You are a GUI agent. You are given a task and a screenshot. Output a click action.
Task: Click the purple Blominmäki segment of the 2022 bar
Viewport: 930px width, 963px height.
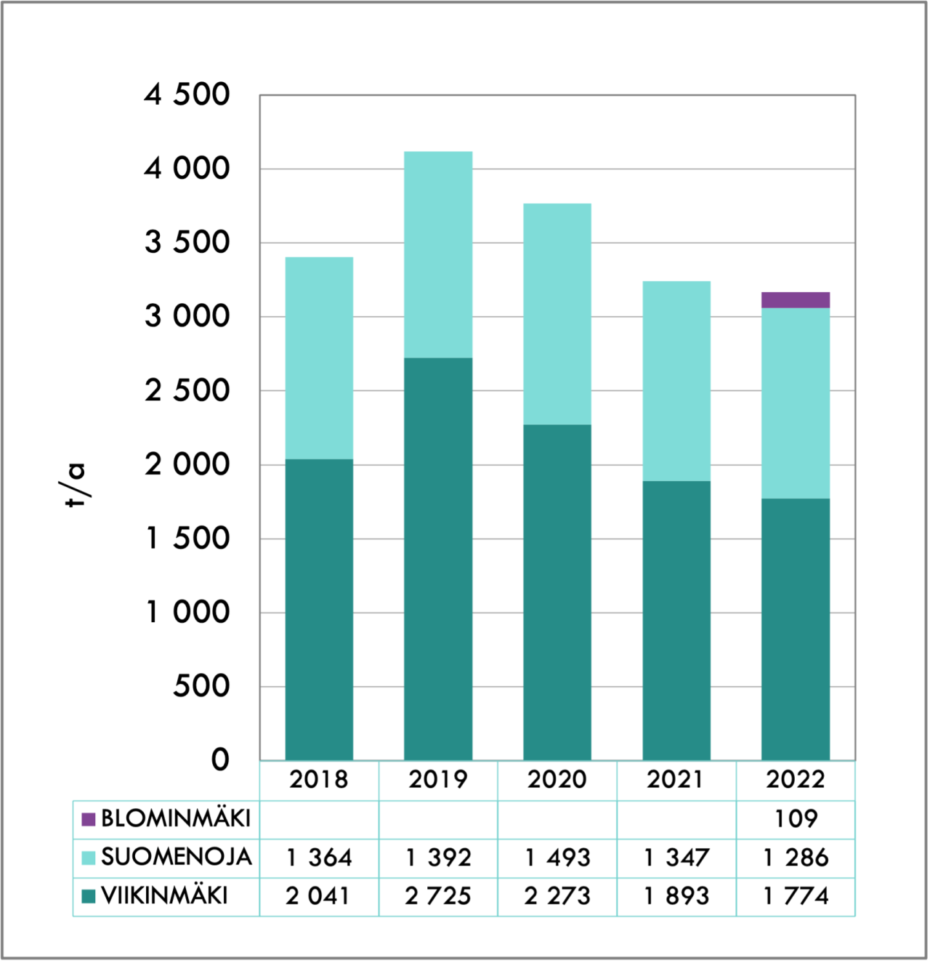(796, 299)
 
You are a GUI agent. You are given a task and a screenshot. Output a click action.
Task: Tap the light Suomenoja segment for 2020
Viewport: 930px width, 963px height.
(557, 314)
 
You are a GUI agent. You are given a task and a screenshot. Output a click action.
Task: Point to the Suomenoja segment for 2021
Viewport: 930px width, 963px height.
(676, 381)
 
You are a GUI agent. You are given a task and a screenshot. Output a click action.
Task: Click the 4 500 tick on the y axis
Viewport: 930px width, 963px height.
(187, 95)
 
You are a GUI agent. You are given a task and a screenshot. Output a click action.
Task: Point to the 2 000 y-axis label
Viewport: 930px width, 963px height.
(187, 465)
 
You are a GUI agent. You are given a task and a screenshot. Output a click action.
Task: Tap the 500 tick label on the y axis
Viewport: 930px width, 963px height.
(201, 687)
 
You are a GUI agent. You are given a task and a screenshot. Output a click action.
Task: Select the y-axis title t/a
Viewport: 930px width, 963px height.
(75, 485)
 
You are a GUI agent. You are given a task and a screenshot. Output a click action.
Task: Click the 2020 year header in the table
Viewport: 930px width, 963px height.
(557, 780)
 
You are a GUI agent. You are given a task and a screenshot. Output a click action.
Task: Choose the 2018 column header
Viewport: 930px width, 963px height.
(319, 780)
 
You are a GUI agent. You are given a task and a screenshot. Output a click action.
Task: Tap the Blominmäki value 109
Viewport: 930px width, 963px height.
(796, 819)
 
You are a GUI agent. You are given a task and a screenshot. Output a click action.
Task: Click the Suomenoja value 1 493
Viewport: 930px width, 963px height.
(557, 858)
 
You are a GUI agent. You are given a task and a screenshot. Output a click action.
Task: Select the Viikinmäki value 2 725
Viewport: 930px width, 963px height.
(438, 896)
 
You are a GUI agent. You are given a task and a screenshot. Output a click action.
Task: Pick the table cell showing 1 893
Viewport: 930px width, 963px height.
(676, 896)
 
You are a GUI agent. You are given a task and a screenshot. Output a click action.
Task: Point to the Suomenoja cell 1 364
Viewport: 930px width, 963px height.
(319, 858)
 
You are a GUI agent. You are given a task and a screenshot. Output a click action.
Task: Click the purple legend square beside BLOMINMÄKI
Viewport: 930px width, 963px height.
(89, 819)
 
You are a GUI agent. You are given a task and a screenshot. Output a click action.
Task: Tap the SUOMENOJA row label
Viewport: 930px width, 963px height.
(176, 858)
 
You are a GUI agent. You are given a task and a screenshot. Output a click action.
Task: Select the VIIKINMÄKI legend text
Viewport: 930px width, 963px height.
(164, 896)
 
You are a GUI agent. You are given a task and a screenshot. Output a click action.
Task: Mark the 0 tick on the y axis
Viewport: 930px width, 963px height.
(220, 760)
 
